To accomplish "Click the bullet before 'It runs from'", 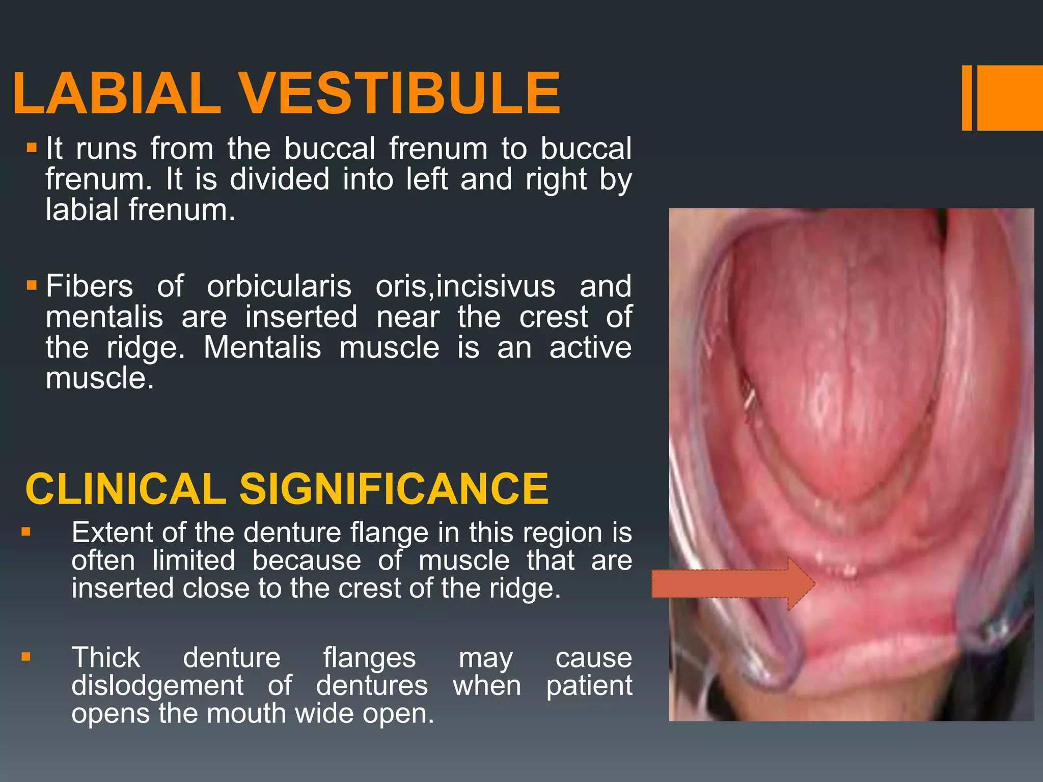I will pos(32,148).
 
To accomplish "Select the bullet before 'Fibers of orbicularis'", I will pos(32,285).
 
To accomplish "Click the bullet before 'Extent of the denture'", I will pos(26,533).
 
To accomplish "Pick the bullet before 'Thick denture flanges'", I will pos(26,657).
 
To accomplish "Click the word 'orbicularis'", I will pos(279,286).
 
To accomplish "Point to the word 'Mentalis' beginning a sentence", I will pos(262,348).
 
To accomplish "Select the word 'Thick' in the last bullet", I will pos(106,658).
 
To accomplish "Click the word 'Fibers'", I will pos(90,286).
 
